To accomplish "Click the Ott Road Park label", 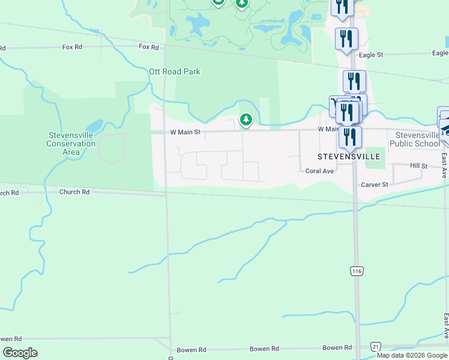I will pos(174,71).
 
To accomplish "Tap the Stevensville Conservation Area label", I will pos(71,143).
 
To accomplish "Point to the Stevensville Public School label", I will pos(414,140).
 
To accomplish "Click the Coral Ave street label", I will pos(319,171).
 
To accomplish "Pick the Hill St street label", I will pos(418,165).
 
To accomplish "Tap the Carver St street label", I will pos(375,185).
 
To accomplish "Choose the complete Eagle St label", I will pos(370,55).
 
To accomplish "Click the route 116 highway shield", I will pos(357,271).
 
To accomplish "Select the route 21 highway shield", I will pos(376,347).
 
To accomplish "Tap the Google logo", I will pos(20,353).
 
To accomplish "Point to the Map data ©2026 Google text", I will pos(412,355).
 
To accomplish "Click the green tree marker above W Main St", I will pos(246,120).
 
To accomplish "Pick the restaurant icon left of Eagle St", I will pos(346,40).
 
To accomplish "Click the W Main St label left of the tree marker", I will pos(184,132).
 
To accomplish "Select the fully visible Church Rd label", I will pos(74,192).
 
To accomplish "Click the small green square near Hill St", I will pos(375,155).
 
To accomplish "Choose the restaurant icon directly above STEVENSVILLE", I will pos(350,137).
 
